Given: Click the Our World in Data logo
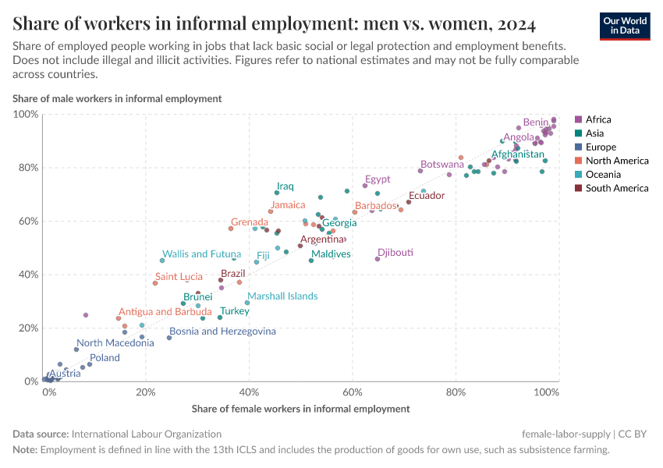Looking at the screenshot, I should [x=625, y=25].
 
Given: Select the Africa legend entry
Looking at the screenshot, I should [x=597, y=119].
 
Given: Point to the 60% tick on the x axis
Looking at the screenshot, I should [x=353, y=392].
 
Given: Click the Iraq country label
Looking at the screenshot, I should [x=285, y=186].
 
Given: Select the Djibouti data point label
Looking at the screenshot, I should [x=395, y=253].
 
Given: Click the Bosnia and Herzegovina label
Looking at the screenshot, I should [x=222, y=331].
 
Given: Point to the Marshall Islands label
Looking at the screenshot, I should [x=282, y=296].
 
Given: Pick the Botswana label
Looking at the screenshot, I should [x=442, y=164].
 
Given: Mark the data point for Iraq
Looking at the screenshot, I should [x=277, y=193].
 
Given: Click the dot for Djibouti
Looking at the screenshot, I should [x=378, y=259].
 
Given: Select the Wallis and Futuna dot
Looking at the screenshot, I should [x=162, y=261].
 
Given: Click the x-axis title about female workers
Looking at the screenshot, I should [x=300, y=408].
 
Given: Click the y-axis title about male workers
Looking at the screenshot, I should [x=117, y=98].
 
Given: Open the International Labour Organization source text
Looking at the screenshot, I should [x=146, y=434].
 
